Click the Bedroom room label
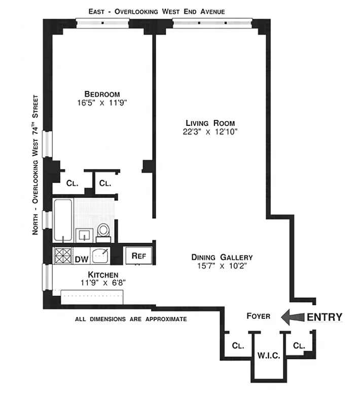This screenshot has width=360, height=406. [x=102, y=94]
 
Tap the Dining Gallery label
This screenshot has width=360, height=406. [x=222, y=257]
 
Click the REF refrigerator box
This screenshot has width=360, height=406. [x=139, y=256]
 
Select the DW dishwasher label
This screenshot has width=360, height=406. [x=81, y=259]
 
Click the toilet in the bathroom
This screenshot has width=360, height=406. [x=104, y=230]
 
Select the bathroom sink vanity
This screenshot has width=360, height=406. [x=83, y=235]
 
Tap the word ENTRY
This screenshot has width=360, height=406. [x=325, y=317]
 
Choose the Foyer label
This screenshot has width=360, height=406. [x=258, y=316]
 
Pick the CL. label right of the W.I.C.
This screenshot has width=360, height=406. [x=299, y=346]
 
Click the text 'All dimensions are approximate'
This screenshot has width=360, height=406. [x=131, y=319]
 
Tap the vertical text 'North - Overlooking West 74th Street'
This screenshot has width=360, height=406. [x=35, y=165]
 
